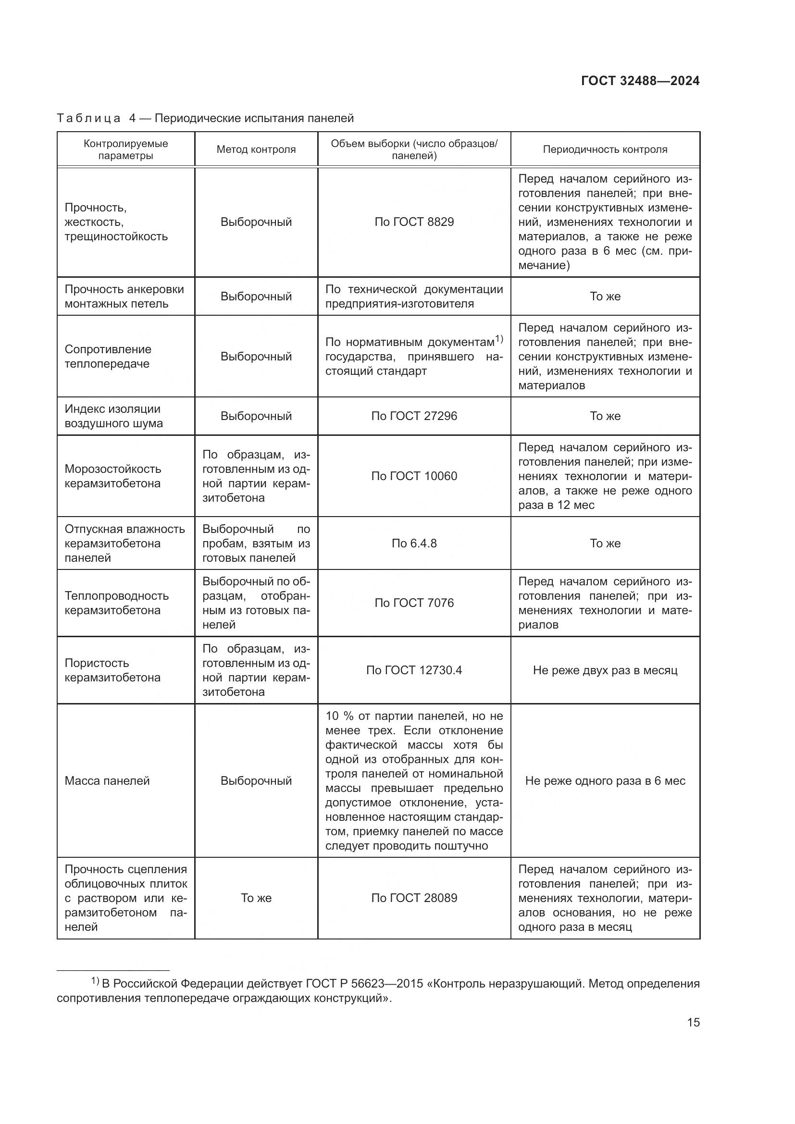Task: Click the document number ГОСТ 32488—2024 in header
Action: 640,81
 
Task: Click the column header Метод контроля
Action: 256,149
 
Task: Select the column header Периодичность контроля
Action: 605,149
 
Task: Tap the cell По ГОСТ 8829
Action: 414,222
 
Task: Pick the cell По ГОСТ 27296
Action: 414,416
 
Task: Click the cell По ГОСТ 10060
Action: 414,476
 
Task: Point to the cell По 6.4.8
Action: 414,543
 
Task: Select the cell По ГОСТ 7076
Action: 414,603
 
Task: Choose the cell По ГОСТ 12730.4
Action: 414,670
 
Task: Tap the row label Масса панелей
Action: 107,780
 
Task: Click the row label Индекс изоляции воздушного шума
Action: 113,416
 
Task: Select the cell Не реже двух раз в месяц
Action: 605,670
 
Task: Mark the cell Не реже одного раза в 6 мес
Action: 605,780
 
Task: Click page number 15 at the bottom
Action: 693,1022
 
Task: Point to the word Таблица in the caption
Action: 88,118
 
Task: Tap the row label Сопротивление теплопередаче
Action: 108,356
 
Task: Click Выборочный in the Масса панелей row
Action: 256,780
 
